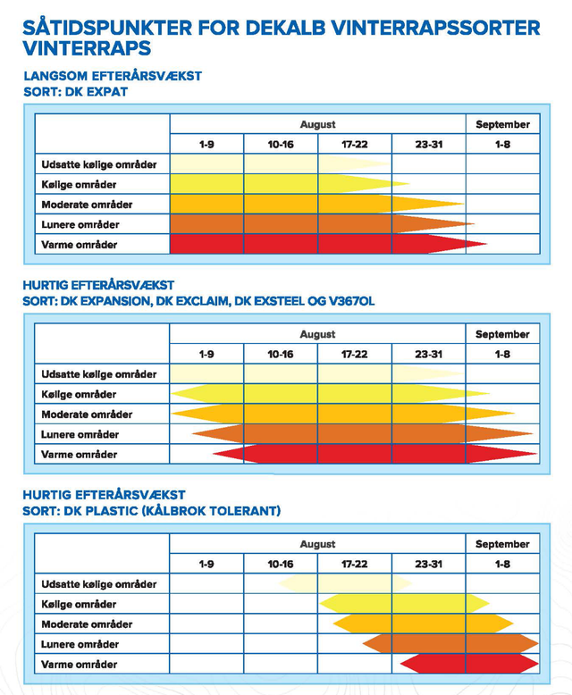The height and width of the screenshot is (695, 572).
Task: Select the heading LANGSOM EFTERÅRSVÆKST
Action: tap(112, 76)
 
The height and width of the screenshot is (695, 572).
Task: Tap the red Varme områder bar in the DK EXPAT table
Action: tap(322, 244)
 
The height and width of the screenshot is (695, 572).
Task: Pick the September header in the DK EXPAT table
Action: tap(502, 125)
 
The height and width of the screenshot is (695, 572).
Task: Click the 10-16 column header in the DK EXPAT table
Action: tap(280, 145)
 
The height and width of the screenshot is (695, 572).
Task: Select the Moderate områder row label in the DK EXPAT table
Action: tap(87, 205)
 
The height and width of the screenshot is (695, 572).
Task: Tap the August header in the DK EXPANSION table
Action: tap(317, 335)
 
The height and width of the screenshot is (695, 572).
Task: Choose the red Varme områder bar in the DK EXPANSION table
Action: tap(375, 455)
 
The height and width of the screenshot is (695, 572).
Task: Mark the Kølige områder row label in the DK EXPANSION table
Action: tap(79, 395)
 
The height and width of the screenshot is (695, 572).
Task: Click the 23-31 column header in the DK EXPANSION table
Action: tap(428, 355)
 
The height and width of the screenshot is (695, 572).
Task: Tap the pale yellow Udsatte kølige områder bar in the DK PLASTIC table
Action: tap(344, 584)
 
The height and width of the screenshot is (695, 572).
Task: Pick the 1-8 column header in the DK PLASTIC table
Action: tap(502, 565)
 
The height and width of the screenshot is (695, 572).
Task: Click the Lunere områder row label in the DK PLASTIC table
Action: tap(80, 644)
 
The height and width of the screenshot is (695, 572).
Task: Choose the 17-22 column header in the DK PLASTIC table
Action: tap(354, 565)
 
